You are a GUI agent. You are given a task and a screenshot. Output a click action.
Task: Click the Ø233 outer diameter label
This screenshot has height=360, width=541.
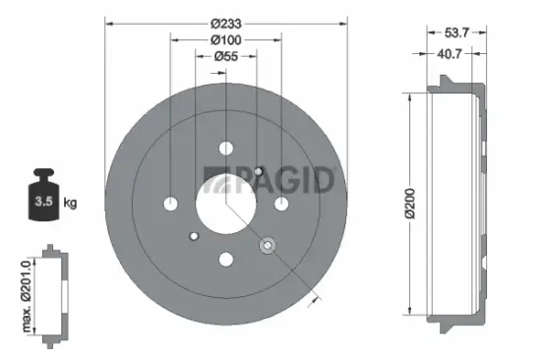(226, 12)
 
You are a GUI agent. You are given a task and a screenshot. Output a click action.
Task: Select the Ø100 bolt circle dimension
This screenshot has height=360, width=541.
(226, 38)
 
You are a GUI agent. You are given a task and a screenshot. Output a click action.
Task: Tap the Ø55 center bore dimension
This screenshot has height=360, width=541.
(226, 57)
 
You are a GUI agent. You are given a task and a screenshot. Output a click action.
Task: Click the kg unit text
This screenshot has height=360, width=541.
(70, 203)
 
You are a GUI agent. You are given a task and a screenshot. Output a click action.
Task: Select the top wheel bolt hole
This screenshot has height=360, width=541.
(225, 149)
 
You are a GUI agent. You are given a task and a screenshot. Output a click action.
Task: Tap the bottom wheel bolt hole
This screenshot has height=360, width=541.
(225, 260)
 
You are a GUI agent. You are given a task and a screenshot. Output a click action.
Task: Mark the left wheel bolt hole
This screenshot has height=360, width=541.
(170, 204)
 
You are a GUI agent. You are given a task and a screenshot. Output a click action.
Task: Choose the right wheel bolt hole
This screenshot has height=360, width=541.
(281, 204)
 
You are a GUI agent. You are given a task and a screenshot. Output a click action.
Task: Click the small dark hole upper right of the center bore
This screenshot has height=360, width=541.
(258, 172)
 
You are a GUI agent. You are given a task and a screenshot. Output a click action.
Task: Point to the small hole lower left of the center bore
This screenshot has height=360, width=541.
(194, 236)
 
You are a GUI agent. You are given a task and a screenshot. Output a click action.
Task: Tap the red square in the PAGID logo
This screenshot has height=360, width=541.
(210, 176)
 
